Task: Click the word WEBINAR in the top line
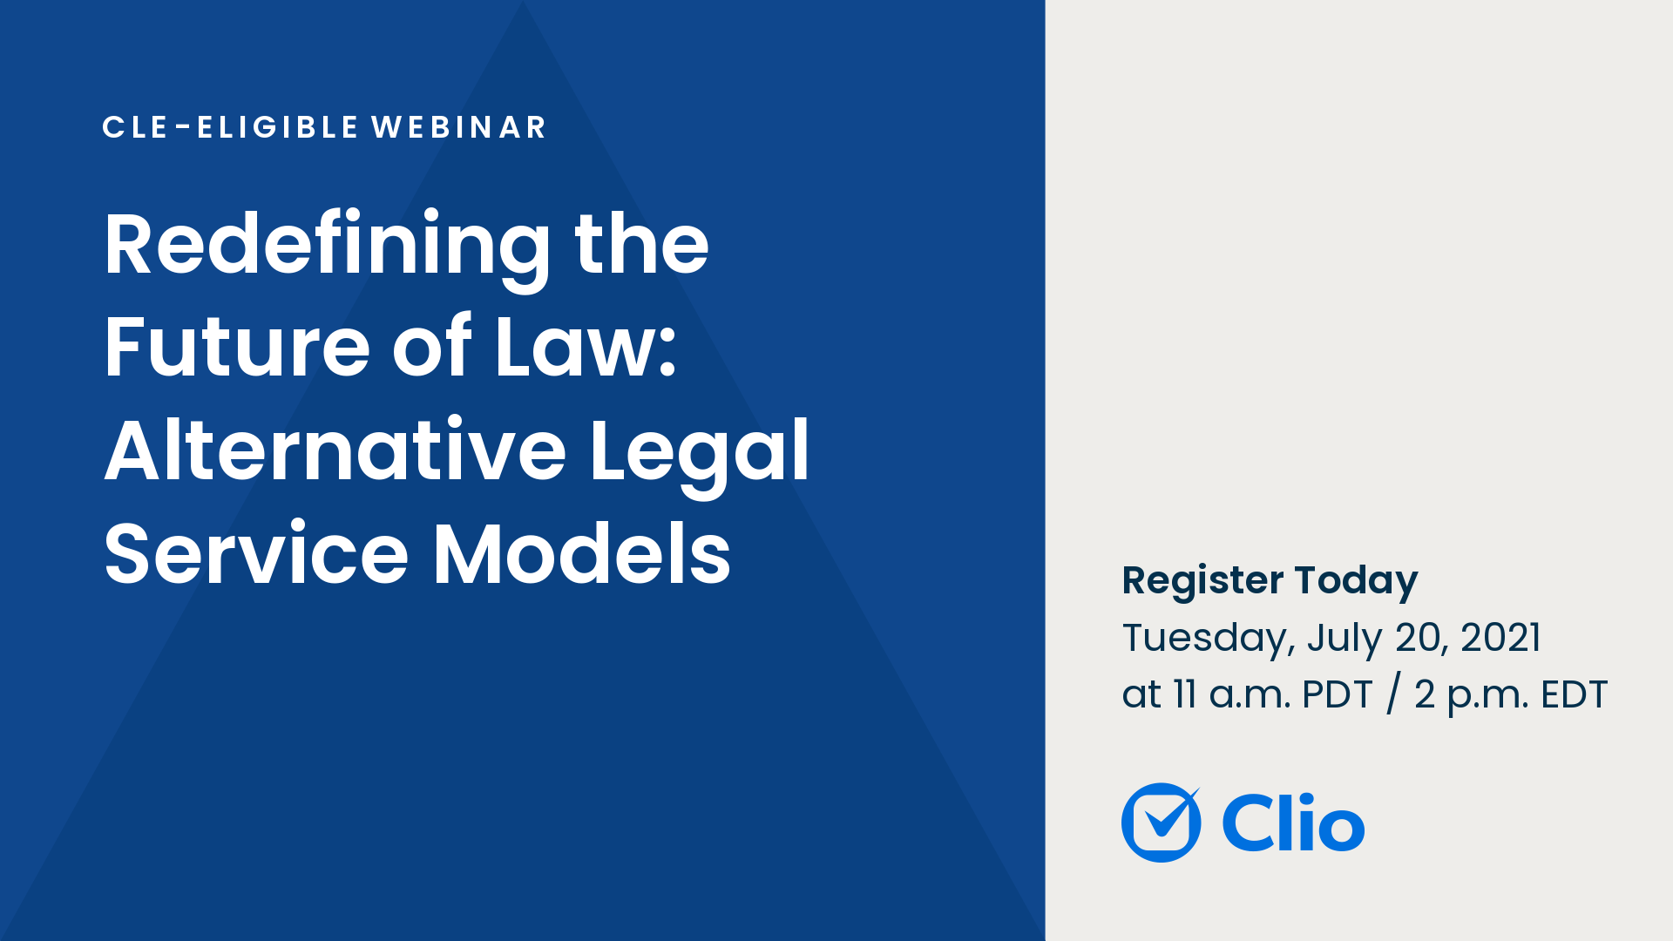tap(459, 127)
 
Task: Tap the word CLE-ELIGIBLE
tap(230, 127)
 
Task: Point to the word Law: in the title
tap(586, 348)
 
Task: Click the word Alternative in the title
tap(335, 450)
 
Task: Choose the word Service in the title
tap(256, 554)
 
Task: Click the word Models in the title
tap(582, 554)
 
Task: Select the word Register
tap(1202, 581)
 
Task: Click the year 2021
tap(1500, 638)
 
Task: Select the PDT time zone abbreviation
tap(1337, 695)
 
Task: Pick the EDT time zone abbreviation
tap(1574, 695)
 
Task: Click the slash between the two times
tap(1393, 695)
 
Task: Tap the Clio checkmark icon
tap(1161, 823)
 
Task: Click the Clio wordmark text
tap(1293, 823)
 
